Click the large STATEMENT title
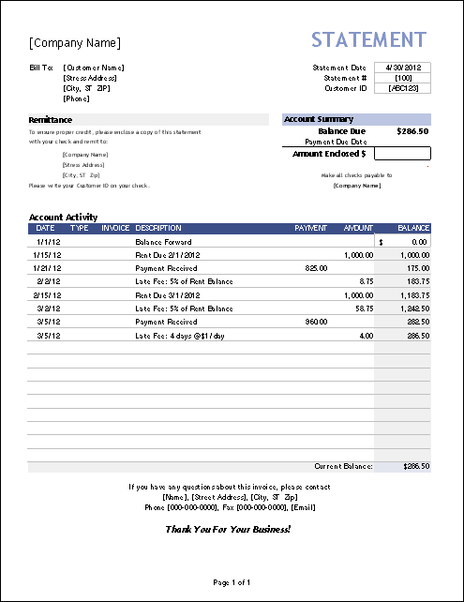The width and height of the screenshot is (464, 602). coord(368,40)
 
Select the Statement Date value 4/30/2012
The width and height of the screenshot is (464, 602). coord(402,68)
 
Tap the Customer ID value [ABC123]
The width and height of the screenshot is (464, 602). coord(402,88)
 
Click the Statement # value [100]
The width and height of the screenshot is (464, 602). coord(402,78)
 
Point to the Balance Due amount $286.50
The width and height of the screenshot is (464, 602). coord(412,131)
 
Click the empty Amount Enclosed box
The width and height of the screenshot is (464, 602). coord(402,153)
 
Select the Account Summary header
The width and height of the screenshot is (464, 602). coord(319,119)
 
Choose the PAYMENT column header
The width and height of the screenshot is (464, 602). coord(310,228)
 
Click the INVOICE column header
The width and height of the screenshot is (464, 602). coord(115,228)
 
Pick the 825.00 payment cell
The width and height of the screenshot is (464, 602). coord(316,267)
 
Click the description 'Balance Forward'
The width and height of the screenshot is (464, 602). coord(163,241)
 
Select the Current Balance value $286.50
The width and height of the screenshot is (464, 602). coord(415,466)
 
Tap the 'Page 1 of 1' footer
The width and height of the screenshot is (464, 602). coord(232,583)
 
